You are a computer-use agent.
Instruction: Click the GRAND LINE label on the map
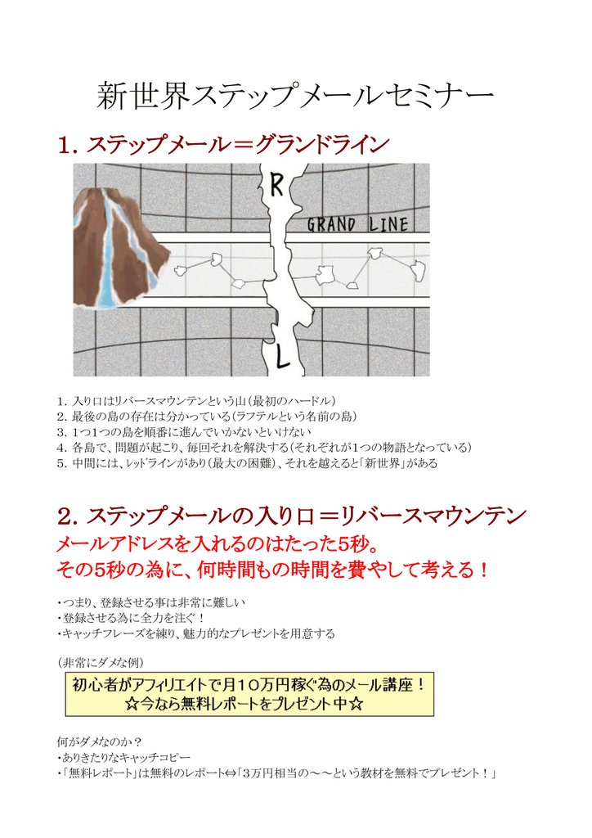tap(357, 224)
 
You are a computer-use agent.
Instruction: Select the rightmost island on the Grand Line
tap(418, 268)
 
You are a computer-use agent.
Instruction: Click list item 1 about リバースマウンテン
tap(196, 401)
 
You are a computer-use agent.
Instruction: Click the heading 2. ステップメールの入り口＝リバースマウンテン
tap(292, 516)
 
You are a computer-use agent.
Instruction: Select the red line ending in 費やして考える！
tap(275, 570)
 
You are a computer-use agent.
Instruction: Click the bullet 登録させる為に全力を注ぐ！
tap(132, 618)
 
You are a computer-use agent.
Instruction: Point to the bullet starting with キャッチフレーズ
tap(197, 633)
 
